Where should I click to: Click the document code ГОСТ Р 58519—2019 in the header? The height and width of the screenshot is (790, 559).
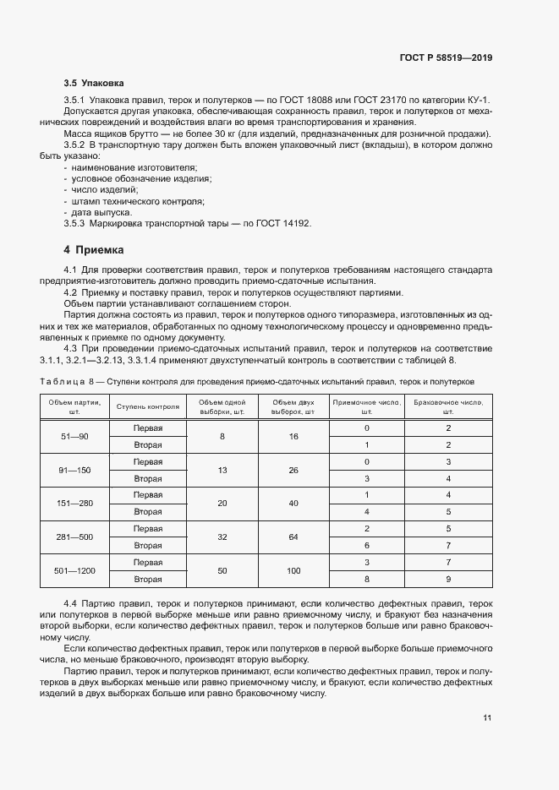click(x=445, y=57)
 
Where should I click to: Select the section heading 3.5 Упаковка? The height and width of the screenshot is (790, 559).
click(x=94, y=84)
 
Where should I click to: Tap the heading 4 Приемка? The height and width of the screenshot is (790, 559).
click(x=94, y=250)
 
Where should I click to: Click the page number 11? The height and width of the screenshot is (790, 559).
click(x=487, y=718)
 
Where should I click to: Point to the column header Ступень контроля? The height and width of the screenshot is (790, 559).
click(x=148, y=406)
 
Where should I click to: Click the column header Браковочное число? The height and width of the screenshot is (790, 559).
click(x=447, y=406)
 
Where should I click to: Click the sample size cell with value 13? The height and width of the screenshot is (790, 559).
click(x=222, y=470)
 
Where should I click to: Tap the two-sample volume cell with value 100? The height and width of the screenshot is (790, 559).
click(x=293, y=571)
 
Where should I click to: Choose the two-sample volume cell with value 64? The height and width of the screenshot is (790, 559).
click(x=293, y=537)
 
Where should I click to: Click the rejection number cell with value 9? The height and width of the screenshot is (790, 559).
click(x=447, y=580)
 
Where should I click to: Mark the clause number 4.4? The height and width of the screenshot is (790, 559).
click(x=71, y=604)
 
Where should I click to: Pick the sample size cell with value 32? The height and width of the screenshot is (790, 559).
click(x=222, y=537)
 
